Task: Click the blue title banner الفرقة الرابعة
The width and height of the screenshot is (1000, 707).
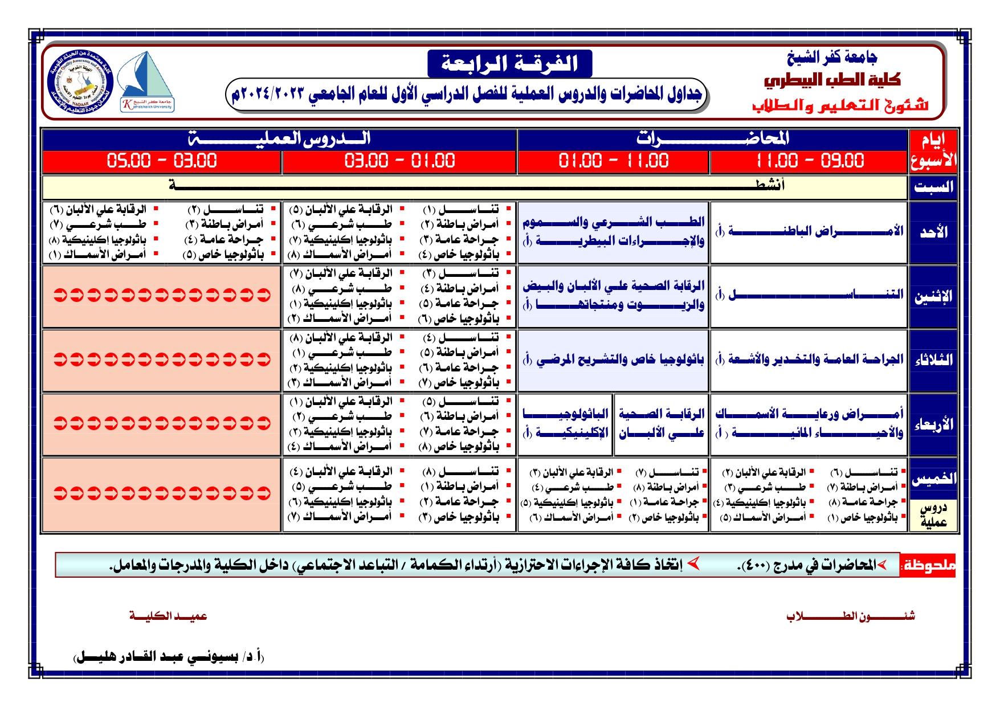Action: (509, 63)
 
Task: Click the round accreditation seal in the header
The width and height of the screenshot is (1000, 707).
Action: (80, 82)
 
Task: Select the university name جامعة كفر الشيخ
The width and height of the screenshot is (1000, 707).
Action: (831, 57)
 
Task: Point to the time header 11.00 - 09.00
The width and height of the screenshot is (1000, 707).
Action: (809, 161)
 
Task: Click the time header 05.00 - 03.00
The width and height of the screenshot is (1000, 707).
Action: (162, 161)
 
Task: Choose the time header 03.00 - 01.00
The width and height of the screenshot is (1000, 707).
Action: (399, 161)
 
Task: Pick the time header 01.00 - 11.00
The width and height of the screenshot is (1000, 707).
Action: (613, 161)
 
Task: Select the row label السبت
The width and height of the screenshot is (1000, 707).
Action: (933, 187)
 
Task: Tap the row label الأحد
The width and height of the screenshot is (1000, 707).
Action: (933, 232)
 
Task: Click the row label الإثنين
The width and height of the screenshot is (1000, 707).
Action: (933, 296)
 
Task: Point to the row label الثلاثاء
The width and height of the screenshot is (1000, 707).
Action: (933, 360)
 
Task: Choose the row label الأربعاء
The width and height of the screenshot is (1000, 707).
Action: (933, 424)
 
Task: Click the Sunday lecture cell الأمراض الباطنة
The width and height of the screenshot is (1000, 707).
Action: (809, 231)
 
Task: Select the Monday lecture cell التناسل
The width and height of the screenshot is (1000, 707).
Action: (809, 295)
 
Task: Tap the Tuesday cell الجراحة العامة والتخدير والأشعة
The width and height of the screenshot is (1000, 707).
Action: (809, 359)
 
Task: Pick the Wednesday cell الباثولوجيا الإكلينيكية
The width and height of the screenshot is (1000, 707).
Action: (566, 423)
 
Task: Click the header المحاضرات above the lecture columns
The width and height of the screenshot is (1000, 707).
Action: (712, 138)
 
